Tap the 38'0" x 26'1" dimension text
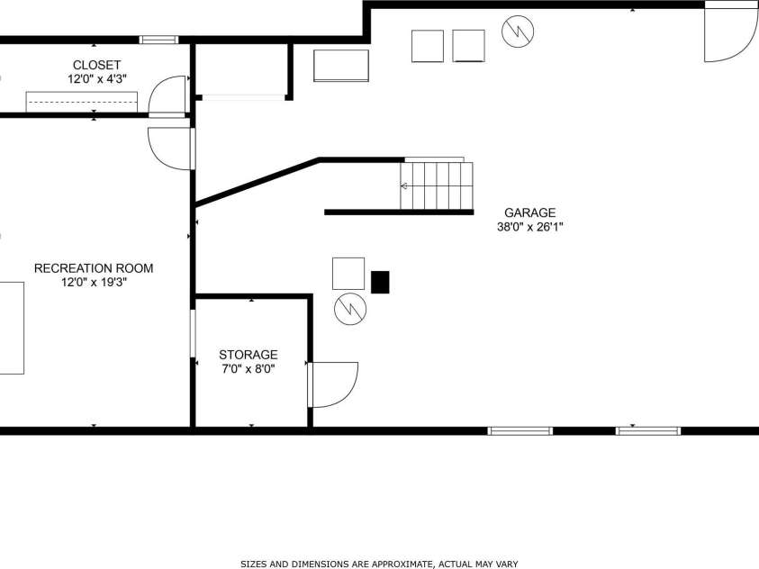click(x=529, y=227)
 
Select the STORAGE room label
click(x=248, y=355)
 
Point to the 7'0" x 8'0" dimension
click(x=248, y=368)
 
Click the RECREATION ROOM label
click(x=94, y=268)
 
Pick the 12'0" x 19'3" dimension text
click(x=94, y=282)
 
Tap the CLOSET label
click(x=96, y=65)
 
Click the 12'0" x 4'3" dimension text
click(x=96, y=79)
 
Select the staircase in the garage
click(x=437, y=185)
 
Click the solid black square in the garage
click(x=381, y=282)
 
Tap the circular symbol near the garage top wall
click(x=519, y=32)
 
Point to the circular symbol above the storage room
click(x=349, y=309)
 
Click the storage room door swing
click(x=335, y=383)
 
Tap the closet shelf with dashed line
click(x=81, y=102)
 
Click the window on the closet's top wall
click(x=158, y=40)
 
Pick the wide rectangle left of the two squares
click(x=341, y=66)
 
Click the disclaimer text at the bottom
click(x=379, y=564)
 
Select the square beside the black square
click(x=348, y=273)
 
